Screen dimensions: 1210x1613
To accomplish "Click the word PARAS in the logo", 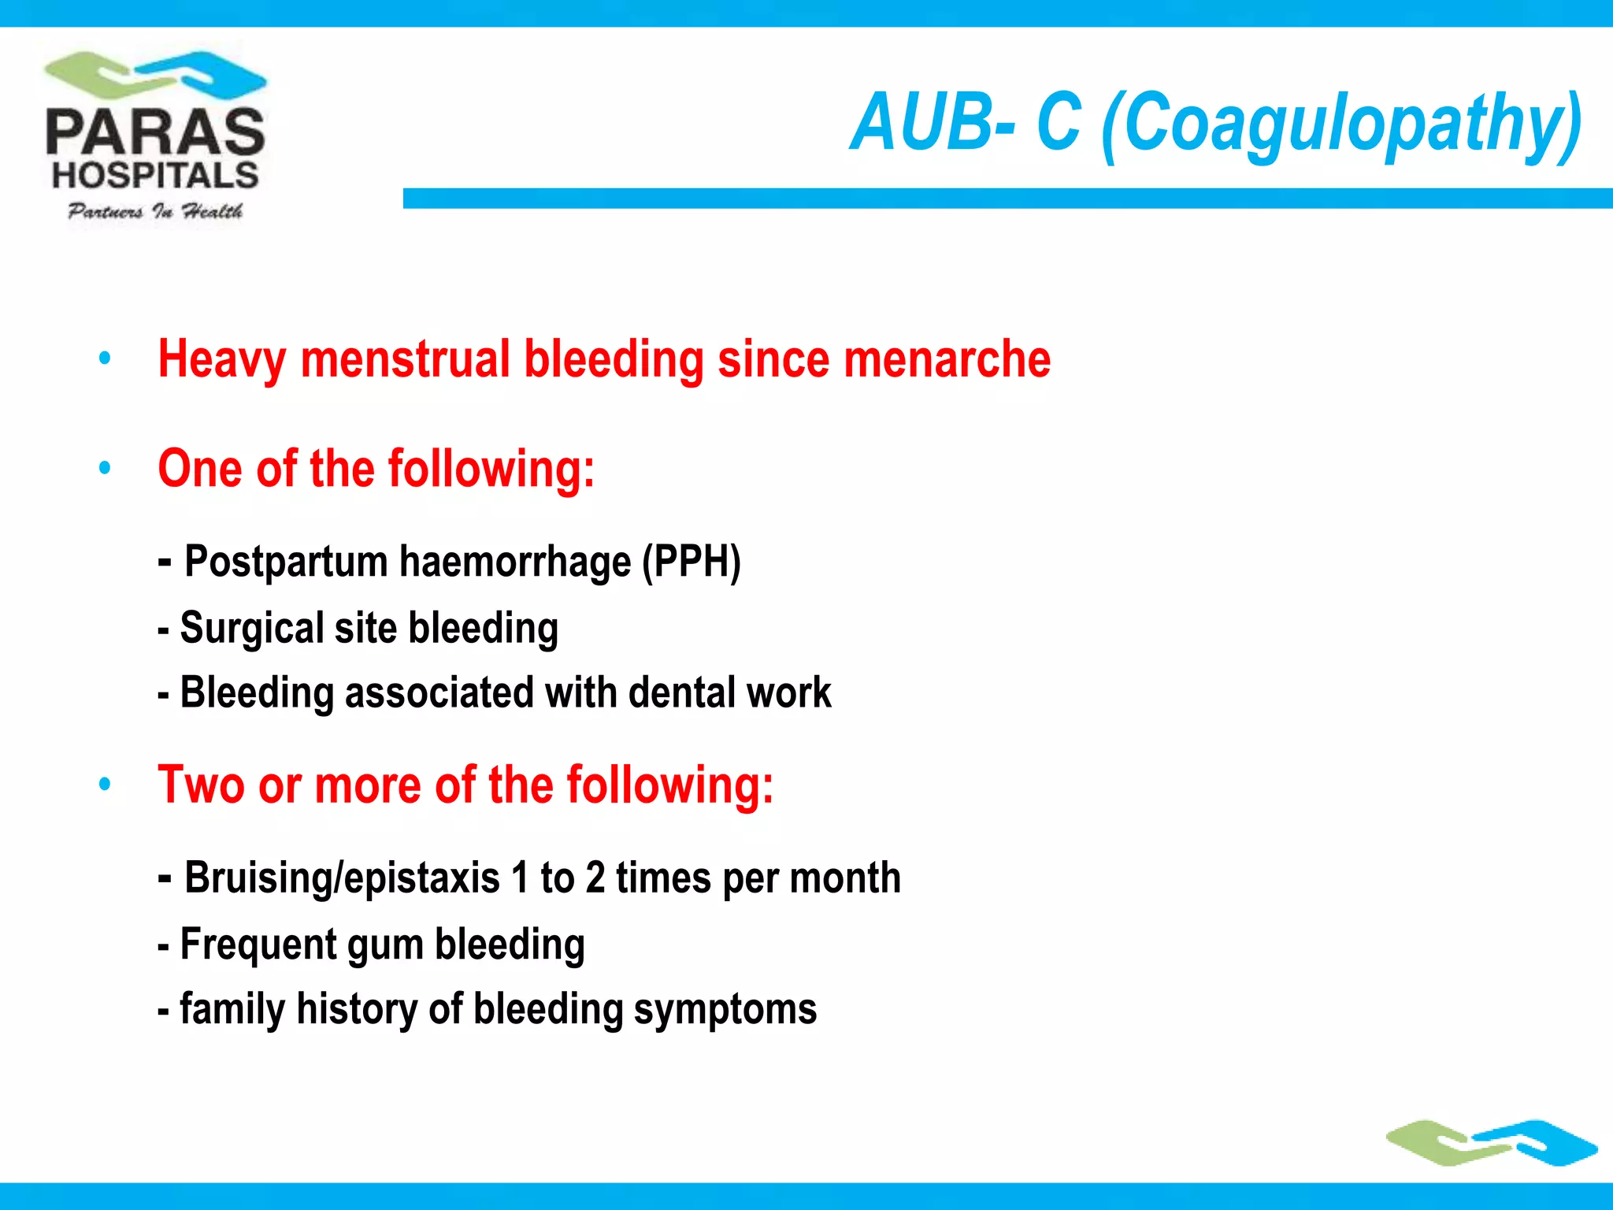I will [x=155, y=132].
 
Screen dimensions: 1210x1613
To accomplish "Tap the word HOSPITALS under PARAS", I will [x=155, y=176].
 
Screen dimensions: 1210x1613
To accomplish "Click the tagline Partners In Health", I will [x=155, y=211].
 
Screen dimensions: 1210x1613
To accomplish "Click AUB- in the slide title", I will [x=934, y=122].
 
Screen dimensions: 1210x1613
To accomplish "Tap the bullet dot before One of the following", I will [x=105, y=469].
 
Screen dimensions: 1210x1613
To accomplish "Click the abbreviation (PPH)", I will [x=692, y=562].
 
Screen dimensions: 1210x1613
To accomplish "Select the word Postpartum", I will [x=286, y=562].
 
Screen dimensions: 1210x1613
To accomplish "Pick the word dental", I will [x=681, y=693].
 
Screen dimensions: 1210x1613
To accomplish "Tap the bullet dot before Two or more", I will [x=105, y=785].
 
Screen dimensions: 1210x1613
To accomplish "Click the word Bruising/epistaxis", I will [x=342, y=878].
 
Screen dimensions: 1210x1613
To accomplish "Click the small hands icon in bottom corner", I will [x=1492, y=1143].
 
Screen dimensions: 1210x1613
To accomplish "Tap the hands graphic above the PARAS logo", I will [x=155, y=75].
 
